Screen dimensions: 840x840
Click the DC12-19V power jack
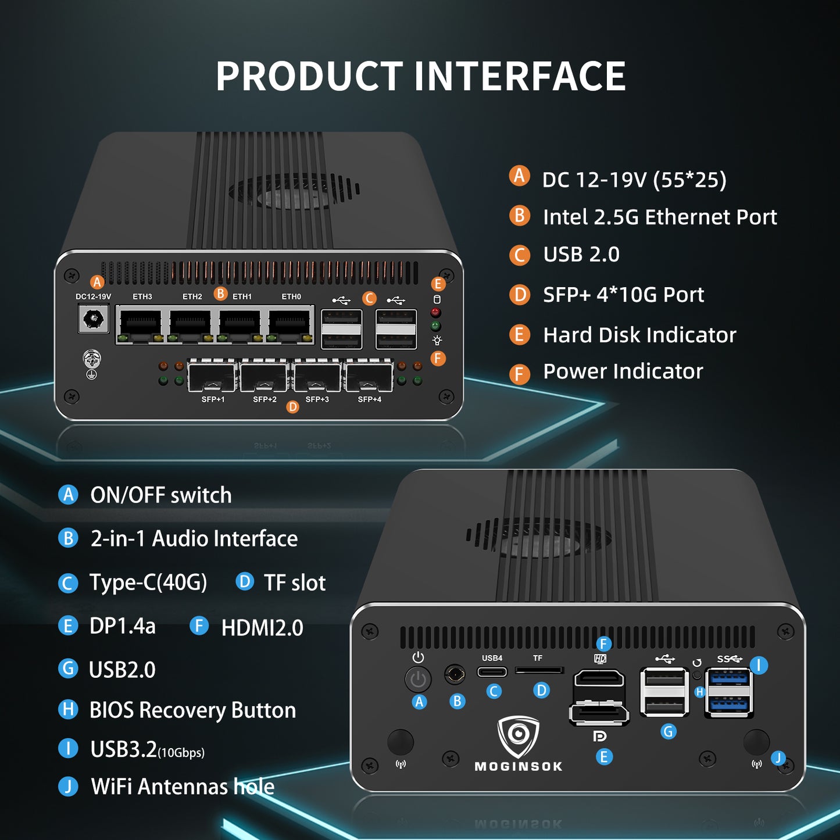pos(94,319)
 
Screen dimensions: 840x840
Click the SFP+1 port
pos(212,376)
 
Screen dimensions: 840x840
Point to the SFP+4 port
pos(369,376)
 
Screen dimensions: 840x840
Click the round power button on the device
pos(418,679)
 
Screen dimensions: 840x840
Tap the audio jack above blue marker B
pos(455,675)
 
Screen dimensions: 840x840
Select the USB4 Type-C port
pos(492,672)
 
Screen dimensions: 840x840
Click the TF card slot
pos(539,671)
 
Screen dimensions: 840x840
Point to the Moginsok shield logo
pos(519,735)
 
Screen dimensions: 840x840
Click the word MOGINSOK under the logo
pos(519,767)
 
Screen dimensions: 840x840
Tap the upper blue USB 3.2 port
pos(728,678)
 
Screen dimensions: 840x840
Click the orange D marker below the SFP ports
pos(293,407)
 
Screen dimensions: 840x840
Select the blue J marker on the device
pos(778,757)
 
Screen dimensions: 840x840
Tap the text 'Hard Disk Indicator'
pos(639,335)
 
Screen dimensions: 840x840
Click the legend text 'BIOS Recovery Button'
pos(192,710)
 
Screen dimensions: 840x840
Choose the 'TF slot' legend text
pos(295,582)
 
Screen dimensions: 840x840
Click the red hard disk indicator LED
pos(435,313)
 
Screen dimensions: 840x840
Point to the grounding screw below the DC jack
pos(92,359)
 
